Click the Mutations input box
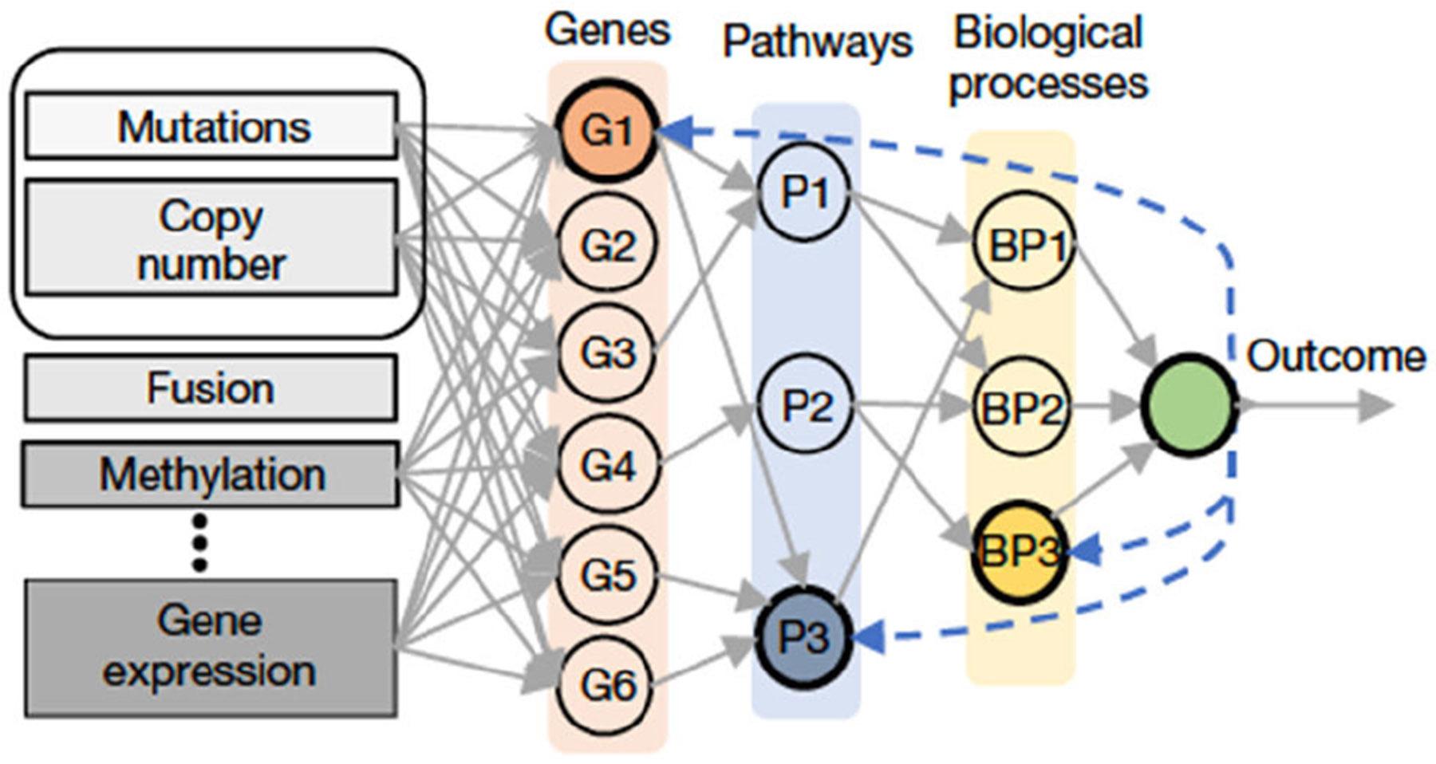click(211, 126)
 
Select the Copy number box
click(211, 238)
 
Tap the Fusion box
click(211, 388)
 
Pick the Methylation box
click(211, 475)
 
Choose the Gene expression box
click(211, 648)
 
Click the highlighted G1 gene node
click(608, 131)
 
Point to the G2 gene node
click(608, 243)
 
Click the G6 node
click(608, 684)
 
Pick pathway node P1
click(804, 192)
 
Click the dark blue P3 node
click(804, 636)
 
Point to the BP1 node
click(1023, 244)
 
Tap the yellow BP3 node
click(1021, 550)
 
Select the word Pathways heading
click(817, 42)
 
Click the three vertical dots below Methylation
click(199, 542)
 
